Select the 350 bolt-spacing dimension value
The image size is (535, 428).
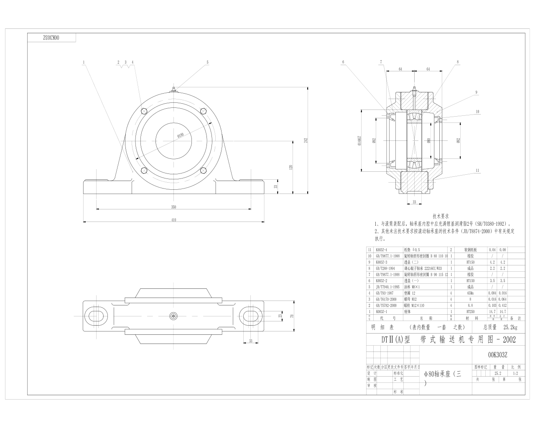pyautogui.click(x=173, y=206)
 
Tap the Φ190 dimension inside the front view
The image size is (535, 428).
pyautogui.click(x=181, y=135)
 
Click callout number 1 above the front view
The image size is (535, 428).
pyautogui.click(x=84, y=62)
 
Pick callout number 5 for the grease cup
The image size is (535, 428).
pyautogui.click(x=207, y=62)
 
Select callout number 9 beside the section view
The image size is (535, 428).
pyautogui.click(x=476, y=92)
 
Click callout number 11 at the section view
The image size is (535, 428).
pyautogui.click(x=477, y=171)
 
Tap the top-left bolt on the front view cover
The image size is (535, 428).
pyautogui.click(x=144, y=111)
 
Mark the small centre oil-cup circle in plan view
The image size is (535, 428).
pyautogui.click(x=173, y=316)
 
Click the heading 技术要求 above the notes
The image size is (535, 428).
pyautogui.click(x=441, y=216)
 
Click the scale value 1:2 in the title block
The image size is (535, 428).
pyautogui.click(x=515, y=373)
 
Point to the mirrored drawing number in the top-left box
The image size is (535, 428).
pyautogui.click(x=52, y=38)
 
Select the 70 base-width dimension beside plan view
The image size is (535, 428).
pyautogui.click(x=292, y=316)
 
